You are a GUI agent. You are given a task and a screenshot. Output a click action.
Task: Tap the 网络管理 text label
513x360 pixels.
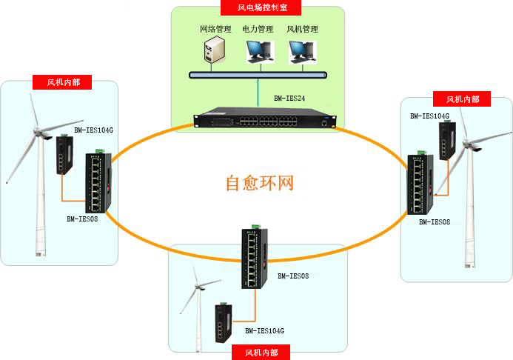[x=215, y=30]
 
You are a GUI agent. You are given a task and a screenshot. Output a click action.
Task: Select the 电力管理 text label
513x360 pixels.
[x=258, y=30]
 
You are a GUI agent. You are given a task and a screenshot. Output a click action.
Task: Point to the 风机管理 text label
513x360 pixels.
[x=302, y=30]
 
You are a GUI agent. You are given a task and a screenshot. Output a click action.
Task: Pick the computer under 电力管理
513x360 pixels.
[x=258, y=52]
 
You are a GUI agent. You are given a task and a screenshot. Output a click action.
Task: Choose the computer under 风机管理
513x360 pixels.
[x=301, y=52]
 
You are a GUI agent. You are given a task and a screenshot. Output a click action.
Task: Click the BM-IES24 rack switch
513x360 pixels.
[x=265, y=119]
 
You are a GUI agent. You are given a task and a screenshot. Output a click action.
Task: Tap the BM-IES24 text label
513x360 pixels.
[x=289, y=98]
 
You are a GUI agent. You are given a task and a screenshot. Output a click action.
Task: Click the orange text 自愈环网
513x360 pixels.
[x=260, y=182]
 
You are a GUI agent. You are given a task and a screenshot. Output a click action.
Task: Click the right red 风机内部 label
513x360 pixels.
[x=463, y=99]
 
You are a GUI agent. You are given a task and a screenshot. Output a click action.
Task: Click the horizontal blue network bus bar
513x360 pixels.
[x=258, y=75]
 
